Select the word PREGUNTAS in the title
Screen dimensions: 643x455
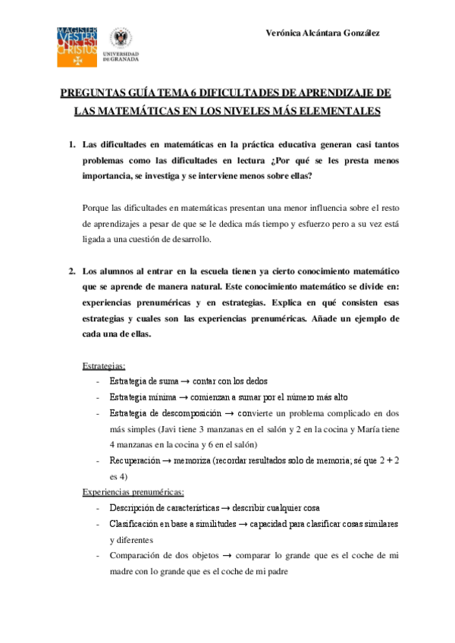point(92,93)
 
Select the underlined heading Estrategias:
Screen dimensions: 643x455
point(104,365)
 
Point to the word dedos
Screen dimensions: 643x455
point(255,381)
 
